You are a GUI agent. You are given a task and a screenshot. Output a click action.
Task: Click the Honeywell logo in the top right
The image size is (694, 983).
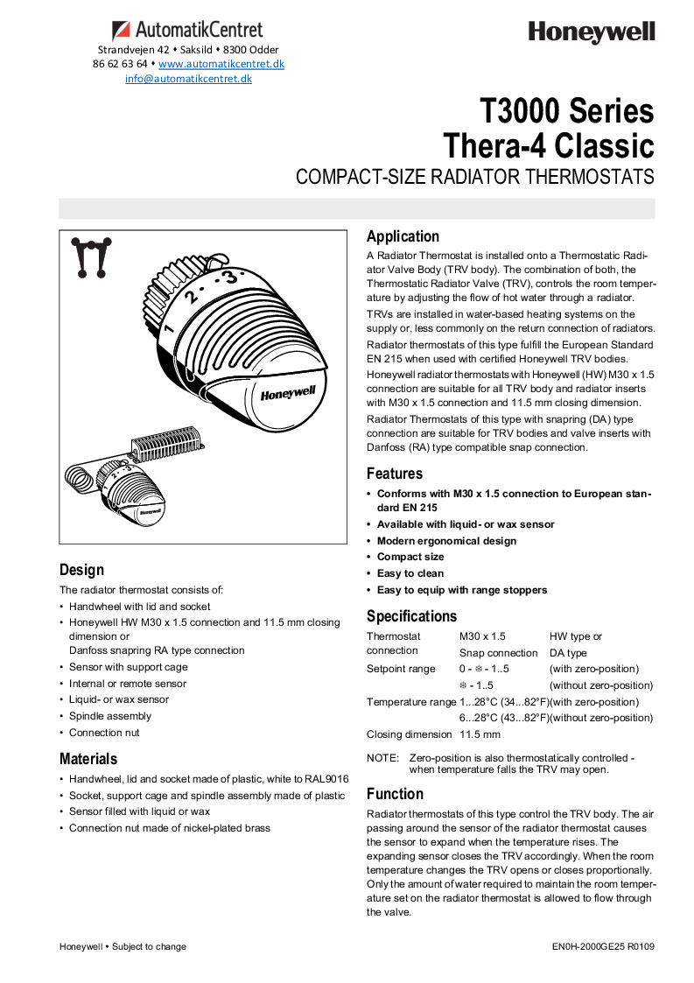click(x=591, y=33)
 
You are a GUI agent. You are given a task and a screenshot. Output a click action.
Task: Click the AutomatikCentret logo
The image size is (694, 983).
click(x=187, y=31)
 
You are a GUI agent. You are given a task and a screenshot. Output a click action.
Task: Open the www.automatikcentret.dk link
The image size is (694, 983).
click(x=221, y=64)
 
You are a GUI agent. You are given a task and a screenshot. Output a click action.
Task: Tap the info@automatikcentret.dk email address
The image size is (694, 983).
click(x=188, y=78)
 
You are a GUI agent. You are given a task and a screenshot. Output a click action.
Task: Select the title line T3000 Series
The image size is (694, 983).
click(x=566, y=111)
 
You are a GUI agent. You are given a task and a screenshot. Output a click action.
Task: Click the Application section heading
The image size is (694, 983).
click(x=403, y=236)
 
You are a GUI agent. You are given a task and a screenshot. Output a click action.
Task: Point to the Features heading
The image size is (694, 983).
click(x=394, y=474)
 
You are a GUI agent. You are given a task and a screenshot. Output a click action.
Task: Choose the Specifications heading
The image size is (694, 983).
click(x=411, y=616)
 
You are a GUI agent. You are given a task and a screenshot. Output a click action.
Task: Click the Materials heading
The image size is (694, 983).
click(x=88, y=759)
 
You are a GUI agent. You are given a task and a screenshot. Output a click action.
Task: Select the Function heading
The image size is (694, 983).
click(x=395, y=794)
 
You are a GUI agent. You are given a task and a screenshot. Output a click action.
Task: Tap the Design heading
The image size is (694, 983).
click(x=81, y=570)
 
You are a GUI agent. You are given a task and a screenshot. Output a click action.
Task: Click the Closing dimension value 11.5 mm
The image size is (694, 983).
click(x=480, y=734)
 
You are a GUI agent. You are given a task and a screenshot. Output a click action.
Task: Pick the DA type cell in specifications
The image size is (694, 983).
click(x=568, y=653)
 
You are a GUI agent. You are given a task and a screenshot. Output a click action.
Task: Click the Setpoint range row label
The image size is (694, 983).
click(x=401, y=669)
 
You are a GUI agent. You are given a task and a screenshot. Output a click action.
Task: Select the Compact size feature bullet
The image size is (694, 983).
click(x=410, y=557)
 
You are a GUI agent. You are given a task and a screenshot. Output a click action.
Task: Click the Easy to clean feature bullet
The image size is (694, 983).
click(x=410, y=573)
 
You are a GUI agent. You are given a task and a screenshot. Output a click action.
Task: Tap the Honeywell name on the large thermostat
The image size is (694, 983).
click(x=287, y=394)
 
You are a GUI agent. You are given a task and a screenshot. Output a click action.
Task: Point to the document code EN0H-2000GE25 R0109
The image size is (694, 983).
click(x=603, y=946)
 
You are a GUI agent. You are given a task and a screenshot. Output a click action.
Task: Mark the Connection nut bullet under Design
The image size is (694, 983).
click(x=104, y=733)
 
